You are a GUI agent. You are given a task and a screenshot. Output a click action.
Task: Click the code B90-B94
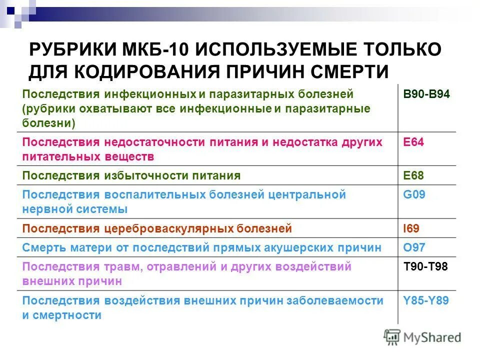click(x=426, y=93)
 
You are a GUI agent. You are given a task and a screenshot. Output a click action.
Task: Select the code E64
click(x=413, y=142)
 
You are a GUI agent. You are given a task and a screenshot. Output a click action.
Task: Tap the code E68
click(x=413, y=175)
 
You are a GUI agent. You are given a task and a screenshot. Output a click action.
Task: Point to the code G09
click(x=414, y=194)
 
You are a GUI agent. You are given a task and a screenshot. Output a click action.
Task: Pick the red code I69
click(x=411, y=228)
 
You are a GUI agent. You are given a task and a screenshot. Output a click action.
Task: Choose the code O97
click(x=414, y=247)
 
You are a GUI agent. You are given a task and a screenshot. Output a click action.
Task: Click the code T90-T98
click(x=425, y=266)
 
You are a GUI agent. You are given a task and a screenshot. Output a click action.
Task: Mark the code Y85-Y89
click(x=426, y=300)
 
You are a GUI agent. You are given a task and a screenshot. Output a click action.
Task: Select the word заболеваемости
click(x=335, y=300)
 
